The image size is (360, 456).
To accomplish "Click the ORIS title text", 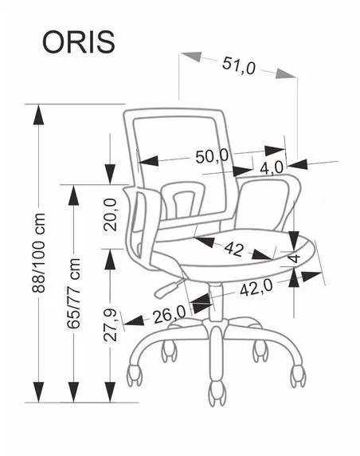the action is coord(79,42).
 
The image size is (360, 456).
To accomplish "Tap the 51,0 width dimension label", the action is coord(239,65).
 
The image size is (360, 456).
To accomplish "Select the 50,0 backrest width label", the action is coord(212,156).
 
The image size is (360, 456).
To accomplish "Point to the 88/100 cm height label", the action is coord(39,253).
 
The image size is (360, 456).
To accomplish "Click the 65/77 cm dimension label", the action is coord(73,293).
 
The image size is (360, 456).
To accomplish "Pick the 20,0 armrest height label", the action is coord(111,214).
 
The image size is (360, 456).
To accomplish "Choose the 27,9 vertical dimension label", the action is coord(110,325).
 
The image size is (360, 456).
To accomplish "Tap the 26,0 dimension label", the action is coord(170,315).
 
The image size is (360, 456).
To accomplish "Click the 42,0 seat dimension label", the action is coord(256,288).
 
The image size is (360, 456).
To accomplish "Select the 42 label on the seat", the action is coord(234,250).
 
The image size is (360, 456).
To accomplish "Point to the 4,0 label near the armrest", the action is coord(272,168).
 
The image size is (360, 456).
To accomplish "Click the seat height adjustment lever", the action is coord(169,287).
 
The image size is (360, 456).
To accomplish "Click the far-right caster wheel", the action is coord(298,375).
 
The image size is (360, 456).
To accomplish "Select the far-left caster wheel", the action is coord(135,375).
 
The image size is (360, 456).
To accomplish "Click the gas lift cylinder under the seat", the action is coord(215,302).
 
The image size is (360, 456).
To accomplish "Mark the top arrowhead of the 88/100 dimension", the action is coord(38,115).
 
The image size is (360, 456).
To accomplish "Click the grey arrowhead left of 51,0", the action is coord(191,57).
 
